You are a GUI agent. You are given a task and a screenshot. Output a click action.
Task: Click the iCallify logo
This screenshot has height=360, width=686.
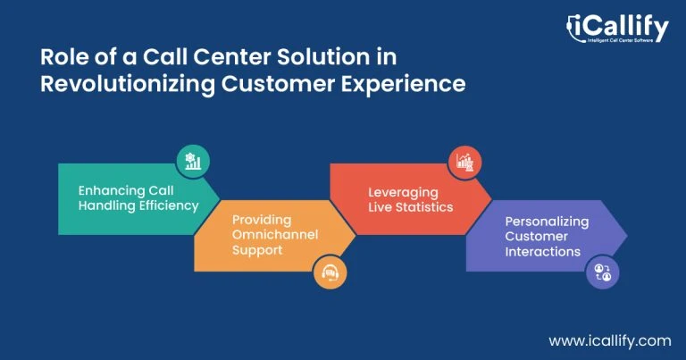tap(617, 29)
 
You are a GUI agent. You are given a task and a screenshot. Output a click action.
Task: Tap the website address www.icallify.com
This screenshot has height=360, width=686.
tap(610, 341)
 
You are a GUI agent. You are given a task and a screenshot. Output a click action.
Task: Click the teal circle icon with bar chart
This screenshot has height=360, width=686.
tap(193, 162)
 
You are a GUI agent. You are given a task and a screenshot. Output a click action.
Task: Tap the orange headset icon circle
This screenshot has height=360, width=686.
tap(330, 272)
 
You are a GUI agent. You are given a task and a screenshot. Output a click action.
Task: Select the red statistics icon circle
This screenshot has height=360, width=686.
tap(464, 163)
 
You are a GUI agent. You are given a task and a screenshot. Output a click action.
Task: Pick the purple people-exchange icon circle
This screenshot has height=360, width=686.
tap(602, 272)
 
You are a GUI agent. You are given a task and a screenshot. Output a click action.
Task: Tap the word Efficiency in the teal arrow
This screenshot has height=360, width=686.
tap(169, 205)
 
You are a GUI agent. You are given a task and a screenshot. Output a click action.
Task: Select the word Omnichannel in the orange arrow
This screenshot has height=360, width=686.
tap(275, 234)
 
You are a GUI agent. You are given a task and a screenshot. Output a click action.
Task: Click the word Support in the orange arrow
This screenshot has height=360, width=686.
tap(257, 250)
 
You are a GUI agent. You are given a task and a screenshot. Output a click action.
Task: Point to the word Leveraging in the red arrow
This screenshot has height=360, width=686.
tap(403, 193)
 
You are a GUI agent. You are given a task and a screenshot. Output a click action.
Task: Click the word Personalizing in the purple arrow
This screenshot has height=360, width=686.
tap(547, 222)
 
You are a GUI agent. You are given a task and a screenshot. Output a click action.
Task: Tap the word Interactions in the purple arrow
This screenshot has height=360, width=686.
tap(543, 252)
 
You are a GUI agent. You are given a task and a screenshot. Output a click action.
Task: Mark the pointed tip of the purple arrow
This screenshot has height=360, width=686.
tap(627, 235)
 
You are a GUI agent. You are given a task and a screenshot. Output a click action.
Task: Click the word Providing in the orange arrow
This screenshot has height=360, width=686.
tap(262, 220)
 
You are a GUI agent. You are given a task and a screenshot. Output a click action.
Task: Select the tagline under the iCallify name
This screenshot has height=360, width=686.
tap(621, 40)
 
